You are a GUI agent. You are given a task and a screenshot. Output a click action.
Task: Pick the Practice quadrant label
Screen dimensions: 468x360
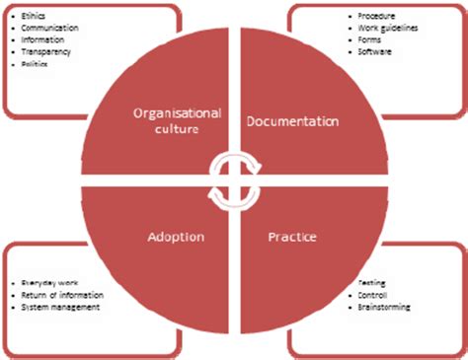pos(292,238)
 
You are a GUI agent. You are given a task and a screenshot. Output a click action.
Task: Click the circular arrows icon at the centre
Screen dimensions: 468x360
pos(233,180)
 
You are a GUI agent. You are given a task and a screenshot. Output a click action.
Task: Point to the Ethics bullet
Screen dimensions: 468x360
pos(33,19)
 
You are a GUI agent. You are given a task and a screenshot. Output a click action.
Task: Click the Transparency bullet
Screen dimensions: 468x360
pos(45,52)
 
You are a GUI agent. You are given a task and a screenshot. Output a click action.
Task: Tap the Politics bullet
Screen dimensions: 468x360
pos(35,63)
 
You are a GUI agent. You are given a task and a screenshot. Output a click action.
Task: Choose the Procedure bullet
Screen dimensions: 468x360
pos(377,17)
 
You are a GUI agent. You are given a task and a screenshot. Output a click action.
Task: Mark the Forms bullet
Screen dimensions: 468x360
pos(371,39)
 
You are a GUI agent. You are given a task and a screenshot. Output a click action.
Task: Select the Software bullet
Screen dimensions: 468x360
pos(376,51)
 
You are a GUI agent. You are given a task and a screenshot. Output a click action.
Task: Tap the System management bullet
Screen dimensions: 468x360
pos(58,308)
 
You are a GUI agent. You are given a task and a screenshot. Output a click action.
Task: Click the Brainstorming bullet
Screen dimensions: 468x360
pos(384,308)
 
